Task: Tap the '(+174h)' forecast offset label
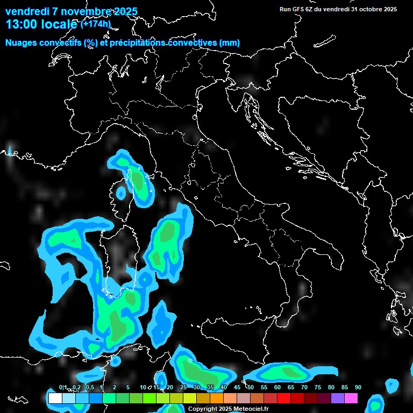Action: pos(95,24)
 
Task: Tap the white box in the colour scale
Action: pos(55,398)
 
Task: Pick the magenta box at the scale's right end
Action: pos(351,398)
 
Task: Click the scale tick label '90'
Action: pos(358,388)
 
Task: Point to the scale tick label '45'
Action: pos(237,388)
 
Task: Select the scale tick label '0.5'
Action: pos(89,388)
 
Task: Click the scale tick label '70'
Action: pos(304,388)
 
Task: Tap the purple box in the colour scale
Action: pos(337,398)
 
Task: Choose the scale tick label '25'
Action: pos(183,388)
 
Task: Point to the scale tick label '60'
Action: pos(277,388)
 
